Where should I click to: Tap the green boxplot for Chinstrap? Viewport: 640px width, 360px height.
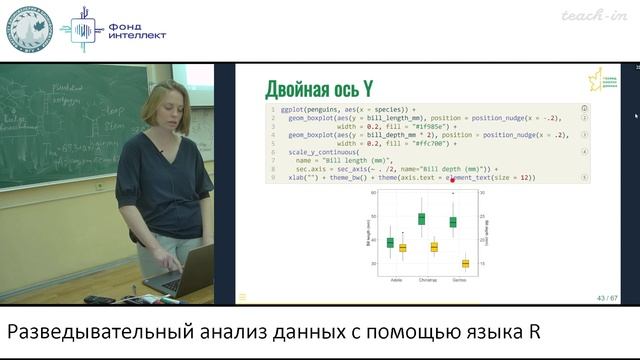tap(421, 218)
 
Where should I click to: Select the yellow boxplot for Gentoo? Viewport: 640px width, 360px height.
tap(465, 263)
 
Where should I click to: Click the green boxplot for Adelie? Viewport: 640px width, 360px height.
tap(390, 242)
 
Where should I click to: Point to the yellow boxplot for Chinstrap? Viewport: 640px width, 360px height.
tap(434, 246)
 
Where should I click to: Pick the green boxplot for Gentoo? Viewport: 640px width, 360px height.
tap(452, 221)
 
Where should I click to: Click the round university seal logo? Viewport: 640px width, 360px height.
tap(30, 30)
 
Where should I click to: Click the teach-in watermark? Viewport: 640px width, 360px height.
tap(593, 15)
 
